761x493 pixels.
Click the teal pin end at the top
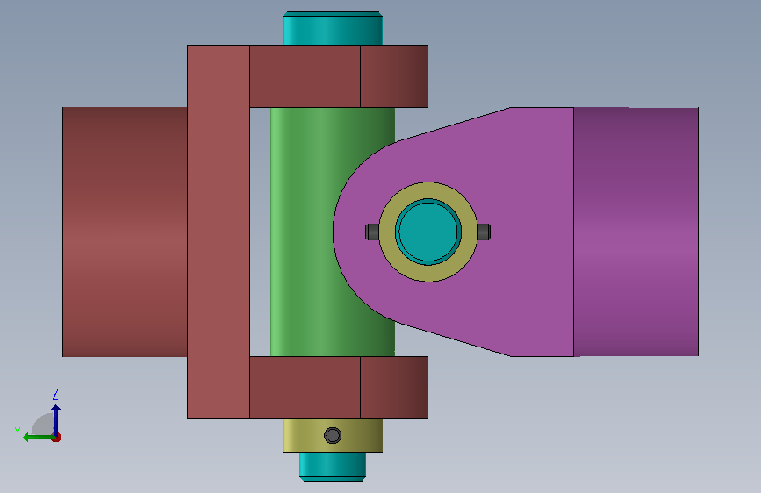click(333, 28)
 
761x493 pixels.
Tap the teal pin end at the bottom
click(333, 467)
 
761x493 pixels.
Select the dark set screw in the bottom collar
click(333, 435)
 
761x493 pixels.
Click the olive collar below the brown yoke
click(333, 435)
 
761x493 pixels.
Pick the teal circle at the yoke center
click(428, 232)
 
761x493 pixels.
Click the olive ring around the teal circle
click(428, 191)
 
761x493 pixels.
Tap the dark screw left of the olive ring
click(372, 232)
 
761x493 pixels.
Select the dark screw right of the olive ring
click(484, 232)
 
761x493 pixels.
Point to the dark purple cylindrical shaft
click(635, 232)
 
